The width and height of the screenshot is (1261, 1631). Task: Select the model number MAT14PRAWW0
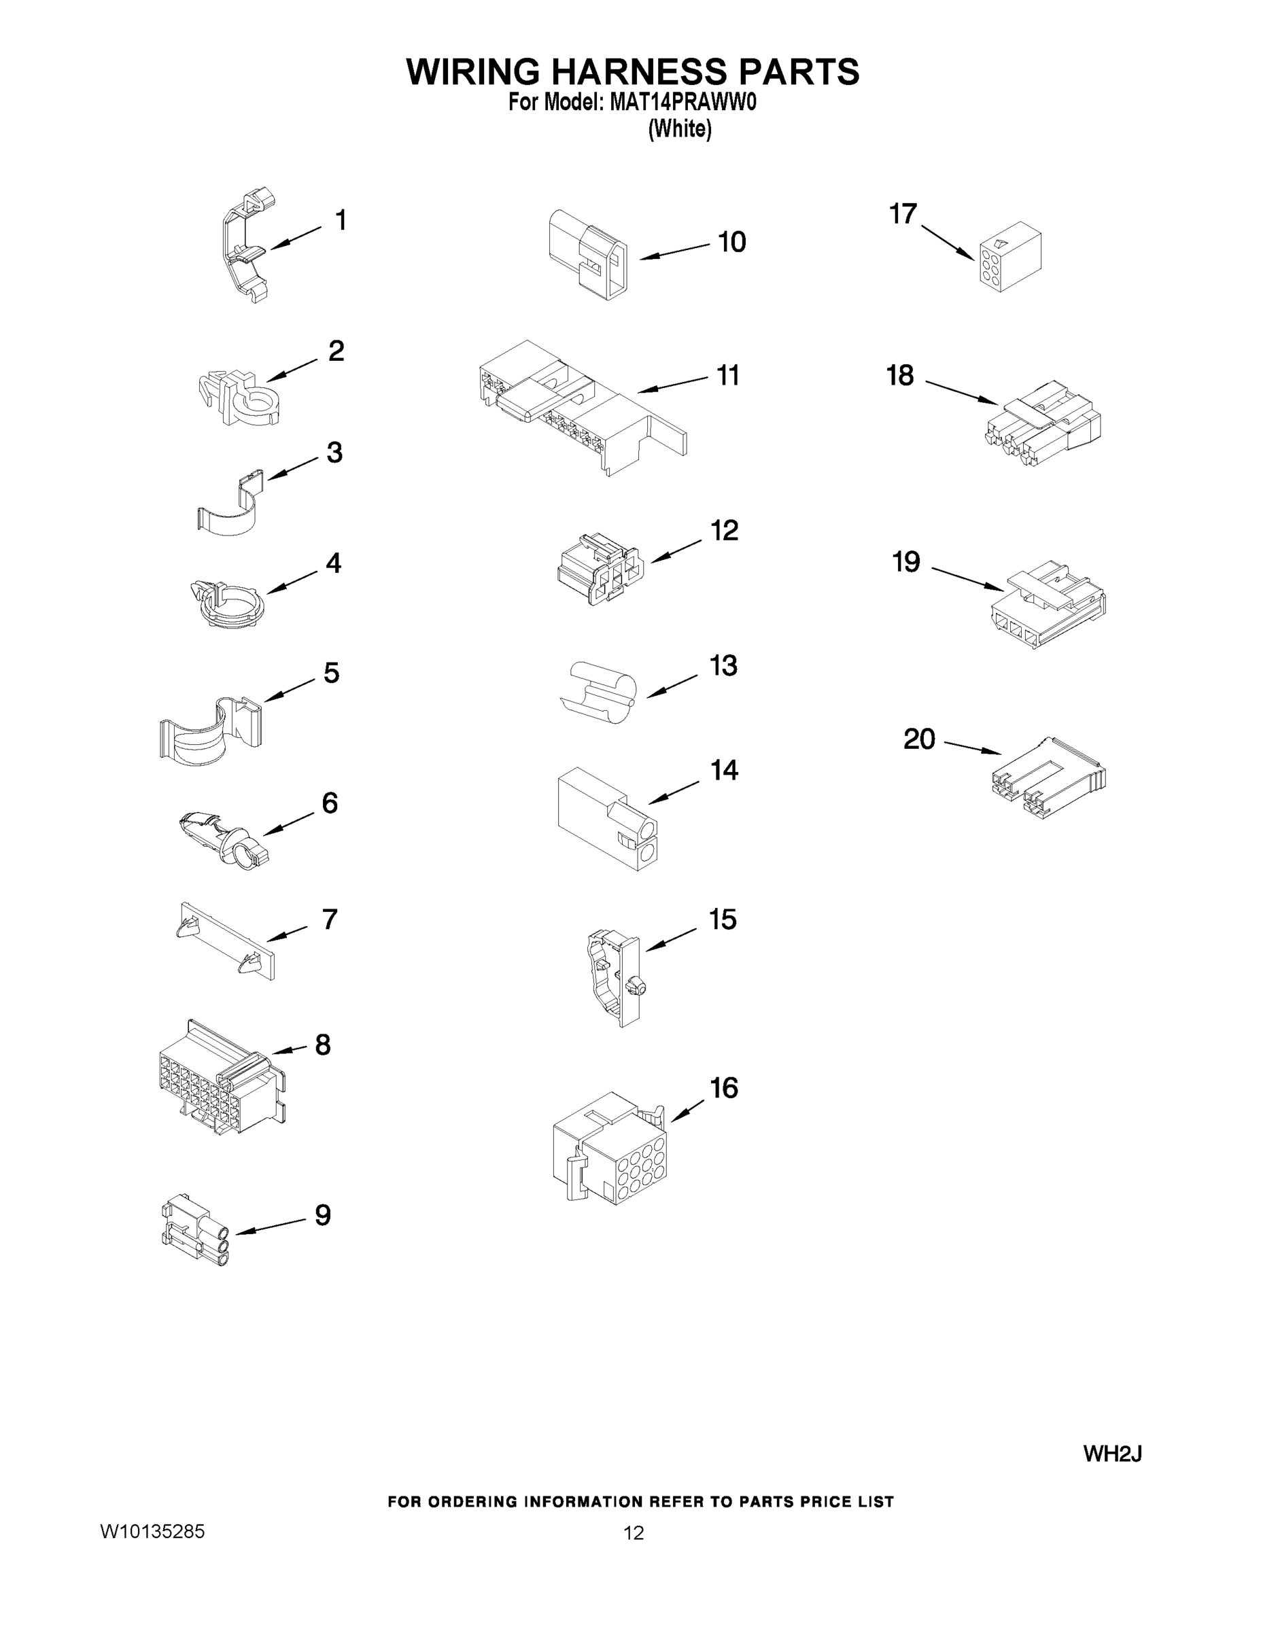pyautogui.click(x=683, y=103)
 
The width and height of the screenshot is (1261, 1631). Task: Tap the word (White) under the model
pyautogui.click(x=680, y=129)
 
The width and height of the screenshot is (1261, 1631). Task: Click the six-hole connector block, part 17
pyautogui.click(x=1009, y=256)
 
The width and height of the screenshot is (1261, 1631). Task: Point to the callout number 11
pyautogui.click(x=728, y=375)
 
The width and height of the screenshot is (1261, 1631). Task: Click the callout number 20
pyautogui.click(x=919, y=739)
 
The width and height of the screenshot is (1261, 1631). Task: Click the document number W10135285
pyautogui.click(x=152, y=1532)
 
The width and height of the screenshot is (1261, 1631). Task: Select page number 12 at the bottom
pyautogui.click(x=634, y=1533)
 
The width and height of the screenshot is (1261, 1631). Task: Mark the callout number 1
pyautogui.click(x=341, y=220)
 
